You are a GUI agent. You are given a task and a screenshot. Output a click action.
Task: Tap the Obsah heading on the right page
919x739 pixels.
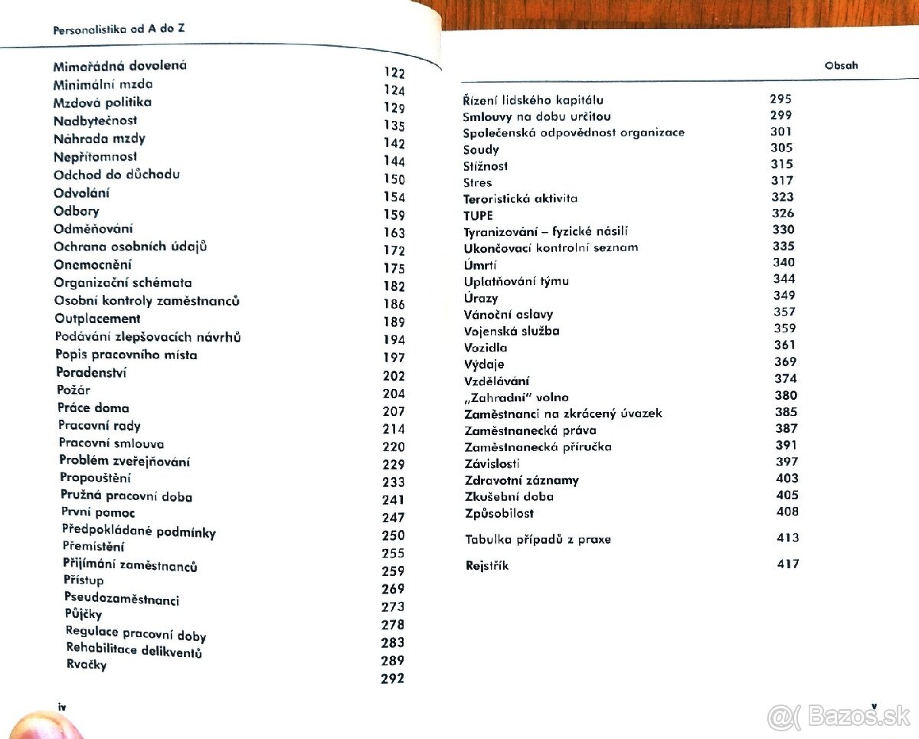pyautogui.click(x=841, y=65)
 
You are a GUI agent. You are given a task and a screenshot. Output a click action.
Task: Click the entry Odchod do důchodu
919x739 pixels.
pyautogui.click(x=116, y=174)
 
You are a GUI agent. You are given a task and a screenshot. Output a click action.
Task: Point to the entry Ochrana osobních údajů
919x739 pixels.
pyautogui.click(x=130, y=247)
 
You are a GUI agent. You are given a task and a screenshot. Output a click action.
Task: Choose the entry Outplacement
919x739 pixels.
pyautogui.click(x=97, y=319)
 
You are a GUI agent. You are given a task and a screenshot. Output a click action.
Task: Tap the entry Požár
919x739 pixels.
pyautogui.click(x=74, y=390)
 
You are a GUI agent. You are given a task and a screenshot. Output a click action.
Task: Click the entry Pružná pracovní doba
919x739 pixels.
pyautogui.click(x=126, y=496)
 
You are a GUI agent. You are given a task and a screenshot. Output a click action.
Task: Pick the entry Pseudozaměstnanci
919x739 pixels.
pyautogui.click(x=121, y=599)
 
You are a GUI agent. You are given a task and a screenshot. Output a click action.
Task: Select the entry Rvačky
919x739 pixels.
pyautogui.click(x=87, y=665)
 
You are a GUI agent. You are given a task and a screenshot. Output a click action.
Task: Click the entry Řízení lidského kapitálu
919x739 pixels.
pyautogui.click(x=533, y=100)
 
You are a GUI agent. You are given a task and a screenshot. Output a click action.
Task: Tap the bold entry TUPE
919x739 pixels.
pyautogui.click(x=478, y=215)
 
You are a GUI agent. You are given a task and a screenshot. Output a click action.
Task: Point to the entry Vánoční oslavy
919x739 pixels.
pyautogui.click(x=508, y=314)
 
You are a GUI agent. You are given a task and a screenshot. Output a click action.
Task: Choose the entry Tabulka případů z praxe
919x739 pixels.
pyautogui.click(x=538, y=539)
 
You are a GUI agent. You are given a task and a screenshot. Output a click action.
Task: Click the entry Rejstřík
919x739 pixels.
pyautogui.click(x=486, y=566)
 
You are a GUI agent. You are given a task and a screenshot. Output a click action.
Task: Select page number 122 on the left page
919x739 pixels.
pyautogui.click(x=394, y=74)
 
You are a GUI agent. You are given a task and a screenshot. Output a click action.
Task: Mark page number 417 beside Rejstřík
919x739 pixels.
pyautogui.click(x=787, y=564)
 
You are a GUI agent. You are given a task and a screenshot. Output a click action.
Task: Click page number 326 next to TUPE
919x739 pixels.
pyautogui.click(x=783, y=213)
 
